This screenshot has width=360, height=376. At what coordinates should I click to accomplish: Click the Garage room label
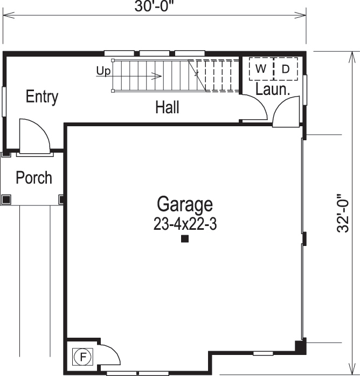185,205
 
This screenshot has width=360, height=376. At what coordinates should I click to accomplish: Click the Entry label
42,97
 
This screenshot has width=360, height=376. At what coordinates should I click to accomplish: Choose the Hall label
167,107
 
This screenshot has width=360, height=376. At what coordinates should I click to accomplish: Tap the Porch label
34,177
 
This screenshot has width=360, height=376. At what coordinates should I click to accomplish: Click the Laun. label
273,90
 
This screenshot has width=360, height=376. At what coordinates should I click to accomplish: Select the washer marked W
261,69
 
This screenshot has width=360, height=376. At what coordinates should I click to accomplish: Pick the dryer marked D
286,69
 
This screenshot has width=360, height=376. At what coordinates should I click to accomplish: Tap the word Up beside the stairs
103,71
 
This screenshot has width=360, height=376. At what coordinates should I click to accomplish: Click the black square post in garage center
184,239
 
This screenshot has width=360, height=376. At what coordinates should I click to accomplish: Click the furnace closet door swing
110,357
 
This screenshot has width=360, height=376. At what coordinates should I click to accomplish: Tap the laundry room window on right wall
305,89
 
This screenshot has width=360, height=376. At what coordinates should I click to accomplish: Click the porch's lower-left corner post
6,199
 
